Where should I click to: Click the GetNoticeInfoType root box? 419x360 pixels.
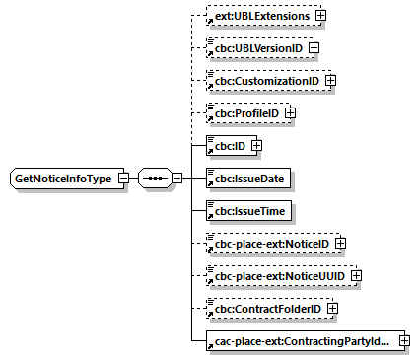(62, 179)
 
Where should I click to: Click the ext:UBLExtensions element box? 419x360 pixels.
(258, 17)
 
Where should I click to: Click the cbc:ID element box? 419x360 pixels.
(226, 146)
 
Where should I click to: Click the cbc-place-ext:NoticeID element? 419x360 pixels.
(270, 243)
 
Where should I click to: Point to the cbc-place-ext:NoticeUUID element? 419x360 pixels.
(277, 275)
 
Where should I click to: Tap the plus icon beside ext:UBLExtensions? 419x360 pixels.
(321, 17)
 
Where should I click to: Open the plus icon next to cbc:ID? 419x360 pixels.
(256, 146)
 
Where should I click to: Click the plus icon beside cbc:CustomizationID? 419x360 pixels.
(331, 80)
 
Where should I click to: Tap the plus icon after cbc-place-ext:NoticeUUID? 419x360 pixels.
(356, 275)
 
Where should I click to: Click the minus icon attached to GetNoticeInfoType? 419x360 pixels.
(123, 179)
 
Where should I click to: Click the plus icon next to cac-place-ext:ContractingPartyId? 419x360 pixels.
(403, 341)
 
